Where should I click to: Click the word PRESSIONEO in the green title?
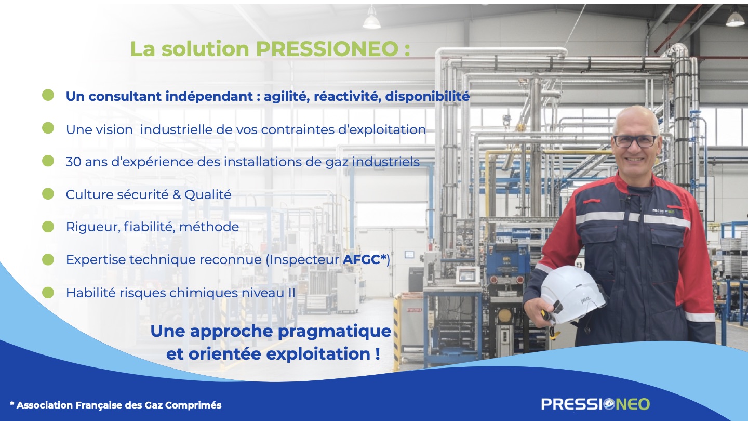[327, 49]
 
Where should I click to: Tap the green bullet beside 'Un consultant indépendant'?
[48, 95]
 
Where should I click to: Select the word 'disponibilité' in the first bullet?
[428, 96]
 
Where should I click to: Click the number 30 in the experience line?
[73, 162]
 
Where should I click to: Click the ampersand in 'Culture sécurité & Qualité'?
[177, 195]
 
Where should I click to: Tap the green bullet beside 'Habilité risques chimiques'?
[48, 292]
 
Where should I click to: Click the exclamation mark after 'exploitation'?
[377, 354]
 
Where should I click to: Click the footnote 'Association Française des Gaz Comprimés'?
[119, 405]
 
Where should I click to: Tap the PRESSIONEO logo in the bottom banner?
[595, 404]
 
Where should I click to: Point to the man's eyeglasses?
[635, 141]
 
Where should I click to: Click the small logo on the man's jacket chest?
[663, 212]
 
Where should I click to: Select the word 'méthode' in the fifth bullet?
[209, 227]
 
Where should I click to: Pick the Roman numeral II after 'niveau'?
[291, 293]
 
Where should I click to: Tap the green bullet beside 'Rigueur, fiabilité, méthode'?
[48, 227]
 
